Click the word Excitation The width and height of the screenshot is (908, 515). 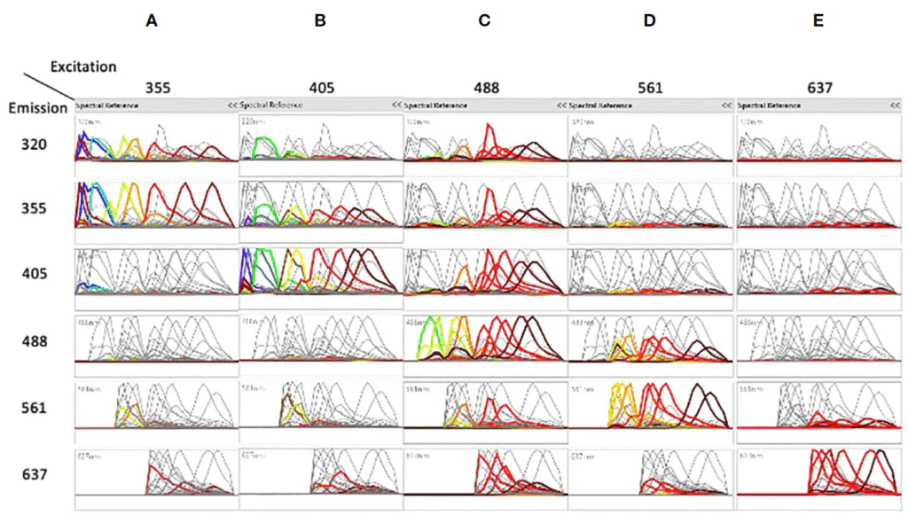pyautogui.click(x=83, y=66)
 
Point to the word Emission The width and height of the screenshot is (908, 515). pyautogui.click(x=36, y=108)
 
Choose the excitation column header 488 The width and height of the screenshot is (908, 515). pyautogui.click(x=486, y=89)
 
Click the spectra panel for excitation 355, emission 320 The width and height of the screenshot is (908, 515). pyautogui.click(x=156, y=141)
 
